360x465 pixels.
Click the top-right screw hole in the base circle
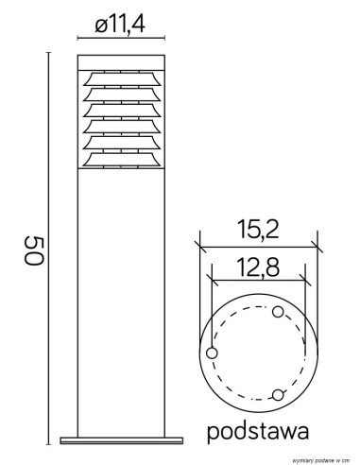[x=277, y=311]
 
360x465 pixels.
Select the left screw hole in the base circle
[x=211, y=353]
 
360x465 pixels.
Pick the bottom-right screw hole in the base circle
[x=277, y=393]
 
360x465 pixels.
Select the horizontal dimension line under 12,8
[x=258, y=281]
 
